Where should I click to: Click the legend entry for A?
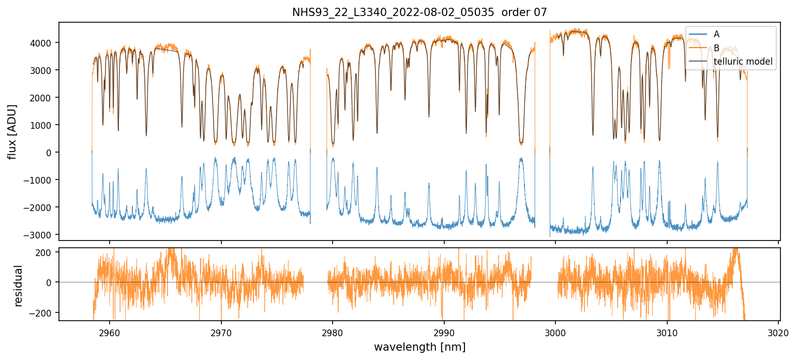tap(716, 34)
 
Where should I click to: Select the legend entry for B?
tap(716, 48)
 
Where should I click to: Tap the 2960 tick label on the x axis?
tap(110, 332)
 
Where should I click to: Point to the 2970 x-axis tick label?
tap(221, 332)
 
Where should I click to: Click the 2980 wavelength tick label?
tap(333, 332)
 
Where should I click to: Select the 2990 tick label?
tap(444, 332)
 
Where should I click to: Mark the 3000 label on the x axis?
tap(555, 332)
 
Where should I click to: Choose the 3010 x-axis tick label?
tap(667, 332)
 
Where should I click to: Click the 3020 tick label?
tap(779, 332)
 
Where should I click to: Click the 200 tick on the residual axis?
tap(48, 252)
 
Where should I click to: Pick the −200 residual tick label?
tap(44, 313)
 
